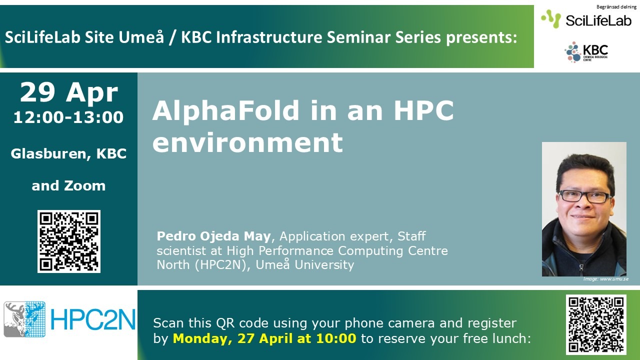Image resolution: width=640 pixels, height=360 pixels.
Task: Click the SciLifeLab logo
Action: (586, 19)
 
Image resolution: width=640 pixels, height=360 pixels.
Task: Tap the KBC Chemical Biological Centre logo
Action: (586, 52)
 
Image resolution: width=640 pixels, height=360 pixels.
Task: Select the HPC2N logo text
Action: (93, 319)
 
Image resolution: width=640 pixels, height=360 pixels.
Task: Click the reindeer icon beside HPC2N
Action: (24, 319)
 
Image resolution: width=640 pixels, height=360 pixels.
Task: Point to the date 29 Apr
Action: (69, 92)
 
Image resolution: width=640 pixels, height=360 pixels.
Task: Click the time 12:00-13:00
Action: (68, 117)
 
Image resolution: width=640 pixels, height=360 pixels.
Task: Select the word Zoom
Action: (85, 185)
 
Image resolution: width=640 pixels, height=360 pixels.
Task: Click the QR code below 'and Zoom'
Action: (69, 241)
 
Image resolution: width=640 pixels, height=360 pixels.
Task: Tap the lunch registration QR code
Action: (596, 324)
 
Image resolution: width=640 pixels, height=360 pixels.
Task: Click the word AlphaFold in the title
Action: (226, 110)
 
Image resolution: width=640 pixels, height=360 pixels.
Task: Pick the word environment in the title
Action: (247, 142)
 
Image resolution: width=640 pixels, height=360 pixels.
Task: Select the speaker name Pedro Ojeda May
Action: (213, 236)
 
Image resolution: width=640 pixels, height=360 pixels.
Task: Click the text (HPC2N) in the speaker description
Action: (220, 265)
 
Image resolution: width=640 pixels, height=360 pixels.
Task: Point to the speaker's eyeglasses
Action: (584, 196)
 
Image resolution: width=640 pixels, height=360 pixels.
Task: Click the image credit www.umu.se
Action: (614, 279)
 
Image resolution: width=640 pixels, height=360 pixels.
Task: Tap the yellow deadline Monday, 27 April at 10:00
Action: (264, 338)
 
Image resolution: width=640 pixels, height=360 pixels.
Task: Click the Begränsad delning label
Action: (616, 7)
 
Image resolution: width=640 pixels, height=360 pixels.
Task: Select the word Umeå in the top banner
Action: (141, 37)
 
